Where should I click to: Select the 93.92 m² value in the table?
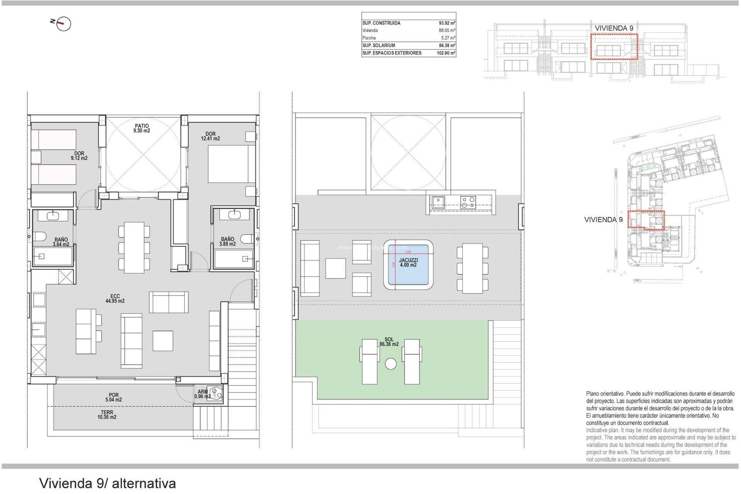pos(447,23)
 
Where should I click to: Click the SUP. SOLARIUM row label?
pos(379,46)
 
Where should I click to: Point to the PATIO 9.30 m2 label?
pos(142,128)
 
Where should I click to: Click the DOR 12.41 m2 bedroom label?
pos(210,136)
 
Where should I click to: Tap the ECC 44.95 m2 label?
pos(115,299)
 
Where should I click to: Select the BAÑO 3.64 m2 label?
pos(61,242)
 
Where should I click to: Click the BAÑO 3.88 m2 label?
pos(227,242)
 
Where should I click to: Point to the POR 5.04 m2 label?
pos(113,398)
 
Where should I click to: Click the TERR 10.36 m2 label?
pos(107,414)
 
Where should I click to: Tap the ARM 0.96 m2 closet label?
pos(203,394)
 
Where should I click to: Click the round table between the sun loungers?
pos(391,364)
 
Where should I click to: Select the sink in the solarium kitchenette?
pos(438,202)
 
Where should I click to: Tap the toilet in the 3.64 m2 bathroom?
pos(40,236)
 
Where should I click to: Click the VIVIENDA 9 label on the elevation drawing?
pos(614,28)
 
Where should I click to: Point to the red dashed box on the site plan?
pos(646,220)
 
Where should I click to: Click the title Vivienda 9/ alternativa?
pos(107,483)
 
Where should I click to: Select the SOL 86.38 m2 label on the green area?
pos(389,342)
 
